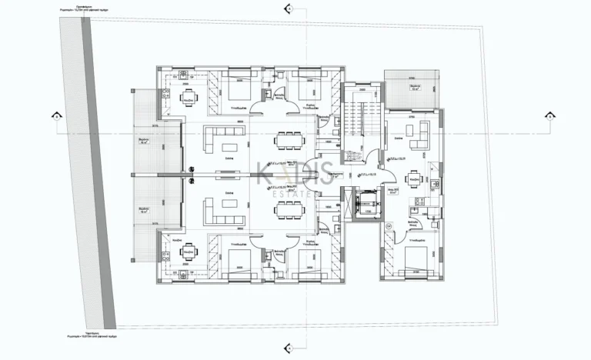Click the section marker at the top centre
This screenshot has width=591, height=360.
(x=288, y=10)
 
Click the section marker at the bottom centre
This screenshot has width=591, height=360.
(x=288, y=351)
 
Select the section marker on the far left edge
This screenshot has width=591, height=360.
(x=55, y=116)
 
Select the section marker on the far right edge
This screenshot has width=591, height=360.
(x=549, y=116)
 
